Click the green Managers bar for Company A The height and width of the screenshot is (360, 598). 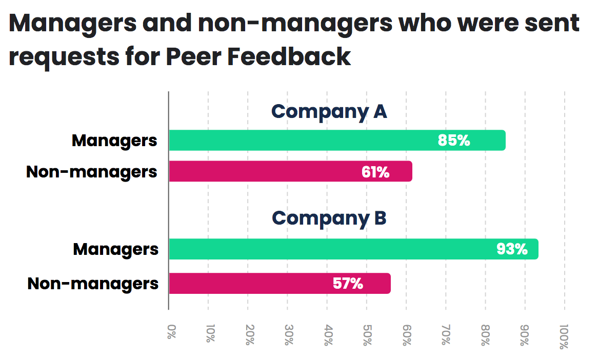(x=308, y=141)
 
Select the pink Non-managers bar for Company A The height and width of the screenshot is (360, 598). (x=267, y=171)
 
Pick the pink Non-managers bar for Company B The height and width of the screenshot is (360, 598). (x=256, y=283)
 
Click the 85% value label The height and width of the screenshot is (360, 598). (x=454, y=141)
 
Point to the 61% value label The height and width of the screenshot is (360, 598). (x=375, y=172)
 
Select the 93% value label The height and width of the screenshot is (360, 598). (x=512, y=249)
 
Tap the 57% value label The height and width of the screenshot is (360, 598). (x=348, y=283)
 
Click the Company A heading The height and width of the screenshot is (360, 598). (x=329, y=111)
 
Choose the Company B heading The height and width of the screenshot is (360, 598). (x=329, y=218)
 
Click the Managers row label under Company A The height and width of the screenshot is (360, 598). (x=114, y=141)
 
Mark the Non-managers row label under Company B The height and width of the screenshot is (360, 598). (x=93, y=283)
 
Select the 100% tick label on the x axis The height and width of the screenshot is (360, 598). (x=564, y=337)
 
